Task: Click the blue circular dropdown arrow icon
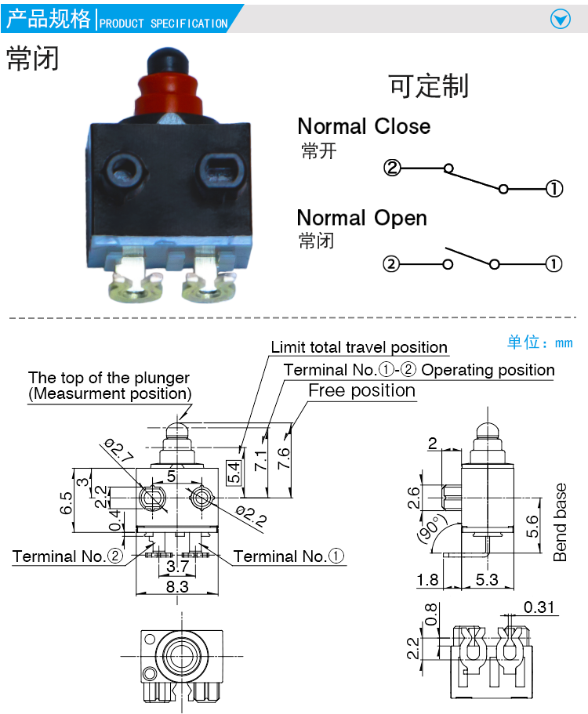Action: click(561, 19)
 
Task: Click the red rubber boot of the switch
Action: click(168, 95)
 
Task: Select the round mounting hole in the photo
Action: click(125, 171)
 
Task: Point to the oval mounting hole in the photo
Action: click(220, 170)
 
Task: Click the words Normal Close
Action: click(364, 126)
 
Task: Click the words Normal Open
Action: click(362, 218)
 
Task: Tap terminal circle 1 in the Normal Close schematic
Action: click(554, 189)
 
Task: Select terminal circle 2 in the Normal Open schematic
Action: click(390, 263)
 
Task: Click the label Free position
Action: click(362, 390)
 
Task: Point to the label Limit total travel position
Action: click(359, 347)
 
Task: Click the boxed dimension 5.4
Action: click(234, 472)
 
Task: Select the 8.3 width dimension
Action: click(177, 586)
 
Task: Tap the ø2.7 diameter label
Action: click(118, 450)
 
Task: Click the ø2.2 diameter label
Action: click(251, 516)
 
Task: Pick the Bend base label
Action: click(560, 522)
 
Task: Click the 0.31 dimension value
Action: click(539, 607)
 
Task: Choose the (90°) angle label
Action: click(431, 530)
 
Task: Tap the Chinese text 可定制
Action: click(429, 85)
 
